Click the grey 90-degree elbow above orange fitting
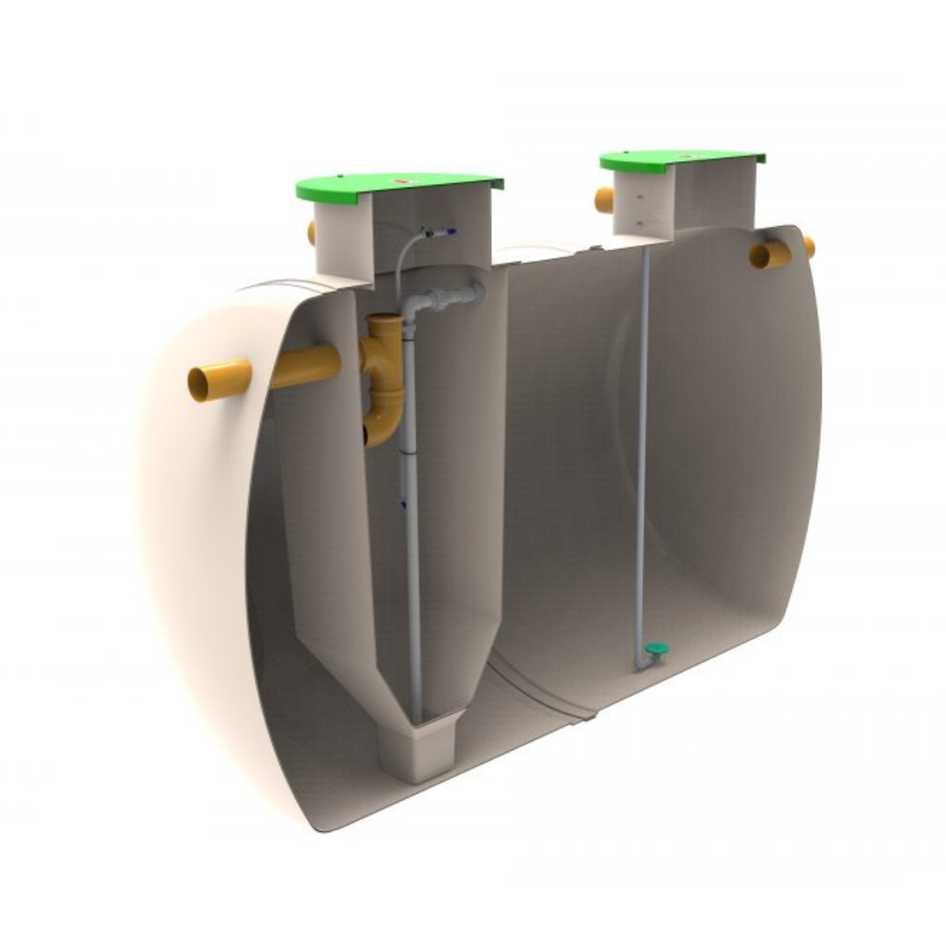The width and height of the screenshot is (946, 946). [414, 306]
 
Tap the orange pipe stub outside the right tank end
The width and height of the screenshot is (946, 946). [809, 248]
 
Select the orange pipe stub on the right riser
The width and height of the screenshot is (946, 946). [604, 200]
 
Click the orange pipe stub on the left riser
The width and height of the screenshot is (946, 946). [311, 232]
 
